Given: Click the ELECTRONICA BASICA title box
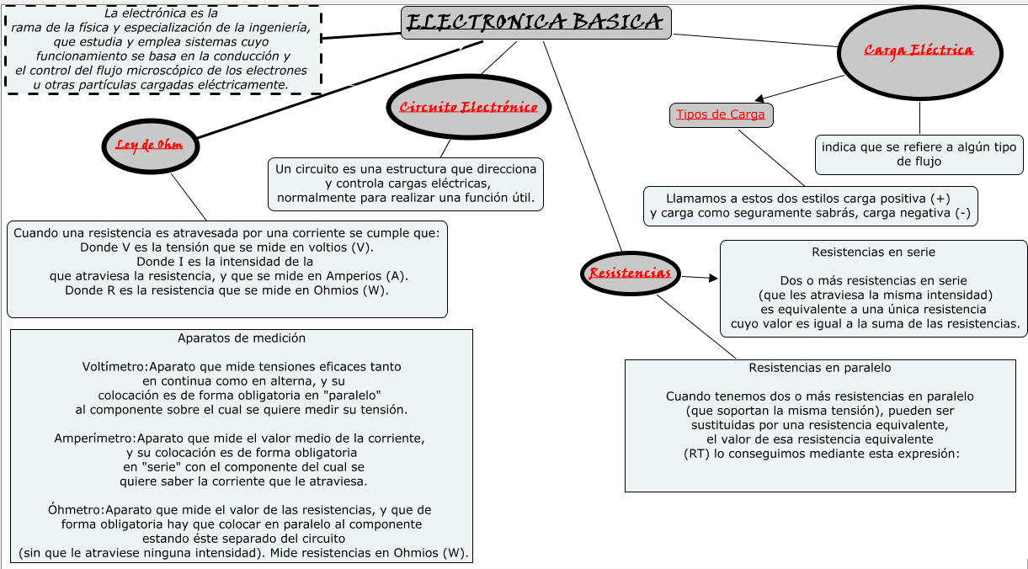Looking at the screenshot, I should (535, 23).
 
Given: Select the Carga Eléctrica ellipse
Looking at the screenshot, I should (919, 51).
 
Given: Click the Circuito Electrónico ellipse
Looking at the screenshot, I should (468, 107).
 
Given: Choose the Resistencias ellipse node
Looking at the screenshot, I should (630, 273).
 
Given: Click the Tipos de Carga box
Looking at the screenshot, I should (721, 114).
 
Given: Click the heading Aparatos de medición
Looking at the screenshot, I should (242, 338).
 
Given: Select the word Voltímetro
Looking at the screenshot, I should (115, 367).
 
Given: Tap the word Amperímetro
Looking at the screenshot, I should (94, 439).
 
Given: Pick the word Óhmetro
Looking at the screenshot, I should (76, 510).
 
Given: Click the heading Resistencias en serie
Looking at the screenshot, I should (873, 252).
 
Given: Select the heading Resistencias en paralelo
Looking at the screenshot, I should (819, 368).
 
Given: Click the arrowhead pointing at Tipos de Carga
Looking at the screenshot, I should (760, 99).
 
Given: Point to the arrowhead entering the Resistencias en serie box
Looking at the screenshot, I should (713, 278).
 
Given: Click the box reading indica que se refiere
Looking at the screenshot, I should (919, 154).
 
